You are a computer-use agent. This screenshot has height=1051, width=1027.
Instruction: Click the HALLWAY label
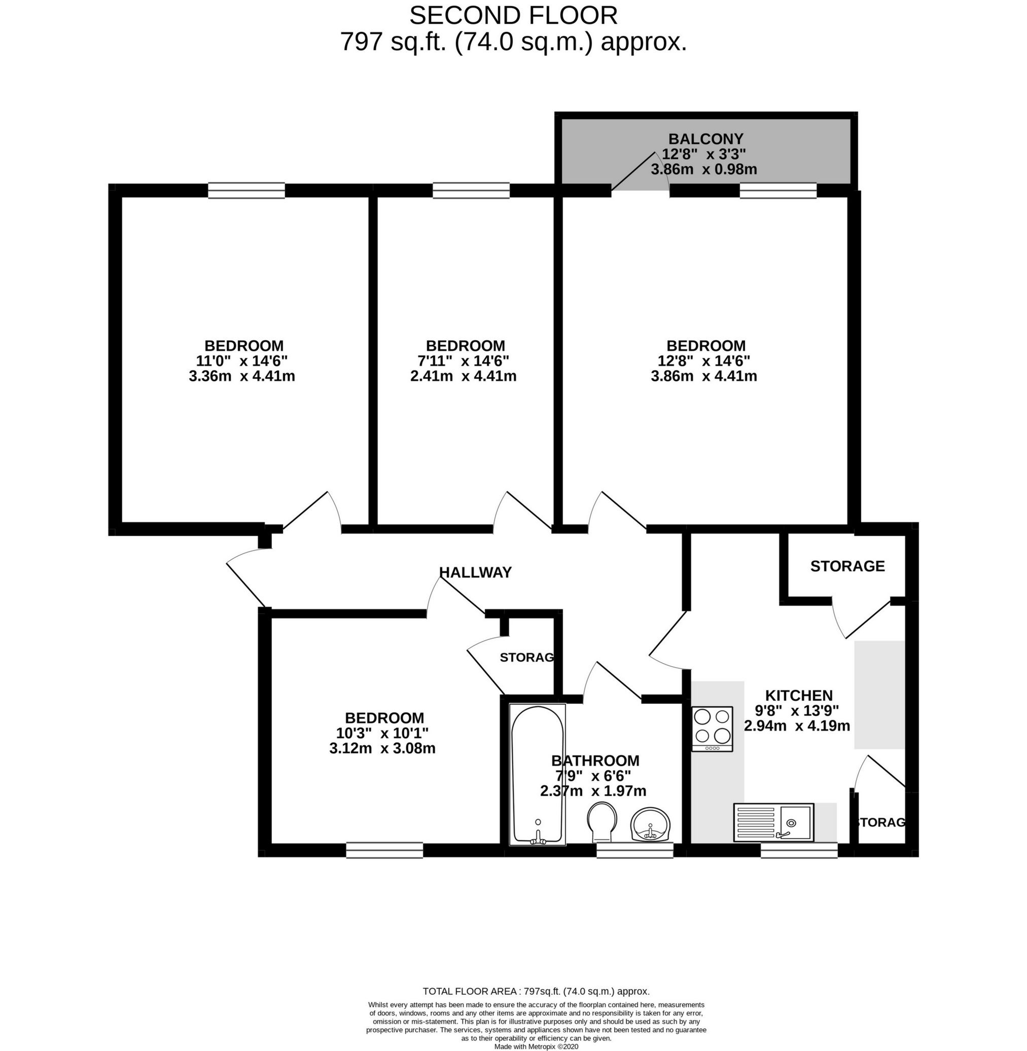click(475, 572)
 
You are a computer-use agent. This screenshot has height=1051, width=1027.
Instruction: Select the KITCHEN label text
click(799, 695)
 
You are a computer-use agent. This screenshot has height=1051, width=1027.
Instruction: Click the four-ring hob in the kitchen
click(712, 729)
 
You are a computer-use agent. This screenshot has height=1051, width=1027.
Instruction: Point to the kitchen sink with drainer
click(773, 822)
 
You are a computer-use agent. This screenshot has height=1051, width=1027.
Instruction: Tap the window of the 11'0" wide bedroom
click(246, 190)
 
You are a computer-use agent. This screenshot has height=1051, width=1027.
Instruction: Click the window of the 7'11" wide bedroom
click(471, 190)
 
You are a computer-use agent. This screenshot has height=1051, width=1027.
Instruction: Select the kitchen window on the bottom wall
click(799, 850)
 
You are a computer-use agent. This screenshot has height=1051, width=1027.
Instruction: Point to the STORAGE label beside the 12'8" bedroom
click(847, 566)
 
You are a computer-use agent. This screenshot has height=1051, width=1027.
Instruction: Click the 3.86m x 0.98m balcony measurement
click(703, 169)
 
